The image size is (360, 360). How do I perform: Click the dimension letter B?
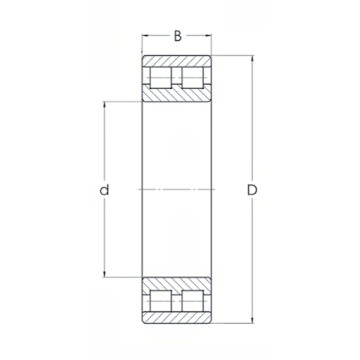click(x=178, y=36)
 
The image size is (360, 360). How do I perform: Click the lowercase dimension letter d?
click(x=104, y=190)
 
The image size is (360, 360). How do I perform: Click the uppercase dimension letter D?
click(x=252, y=190)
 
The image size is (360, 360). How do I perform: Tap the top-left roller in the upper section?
click(x=161, y=78)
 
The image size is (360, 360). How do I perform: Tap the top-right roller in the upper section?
click(x=193, y=78)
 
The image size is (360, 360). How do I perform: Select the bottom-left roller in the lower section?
click(x=161, y=301)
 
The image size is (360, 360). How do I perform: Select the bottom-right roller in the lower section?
click(x=193, y=301)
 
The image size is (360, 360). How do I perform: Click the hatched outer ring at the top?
click(x=177, y=60)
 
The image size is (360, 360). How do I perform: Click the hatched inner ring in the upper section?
click(x=177, y=94)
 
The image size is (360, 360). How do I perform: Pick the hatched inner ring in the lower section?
click(x=177, y=285)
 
